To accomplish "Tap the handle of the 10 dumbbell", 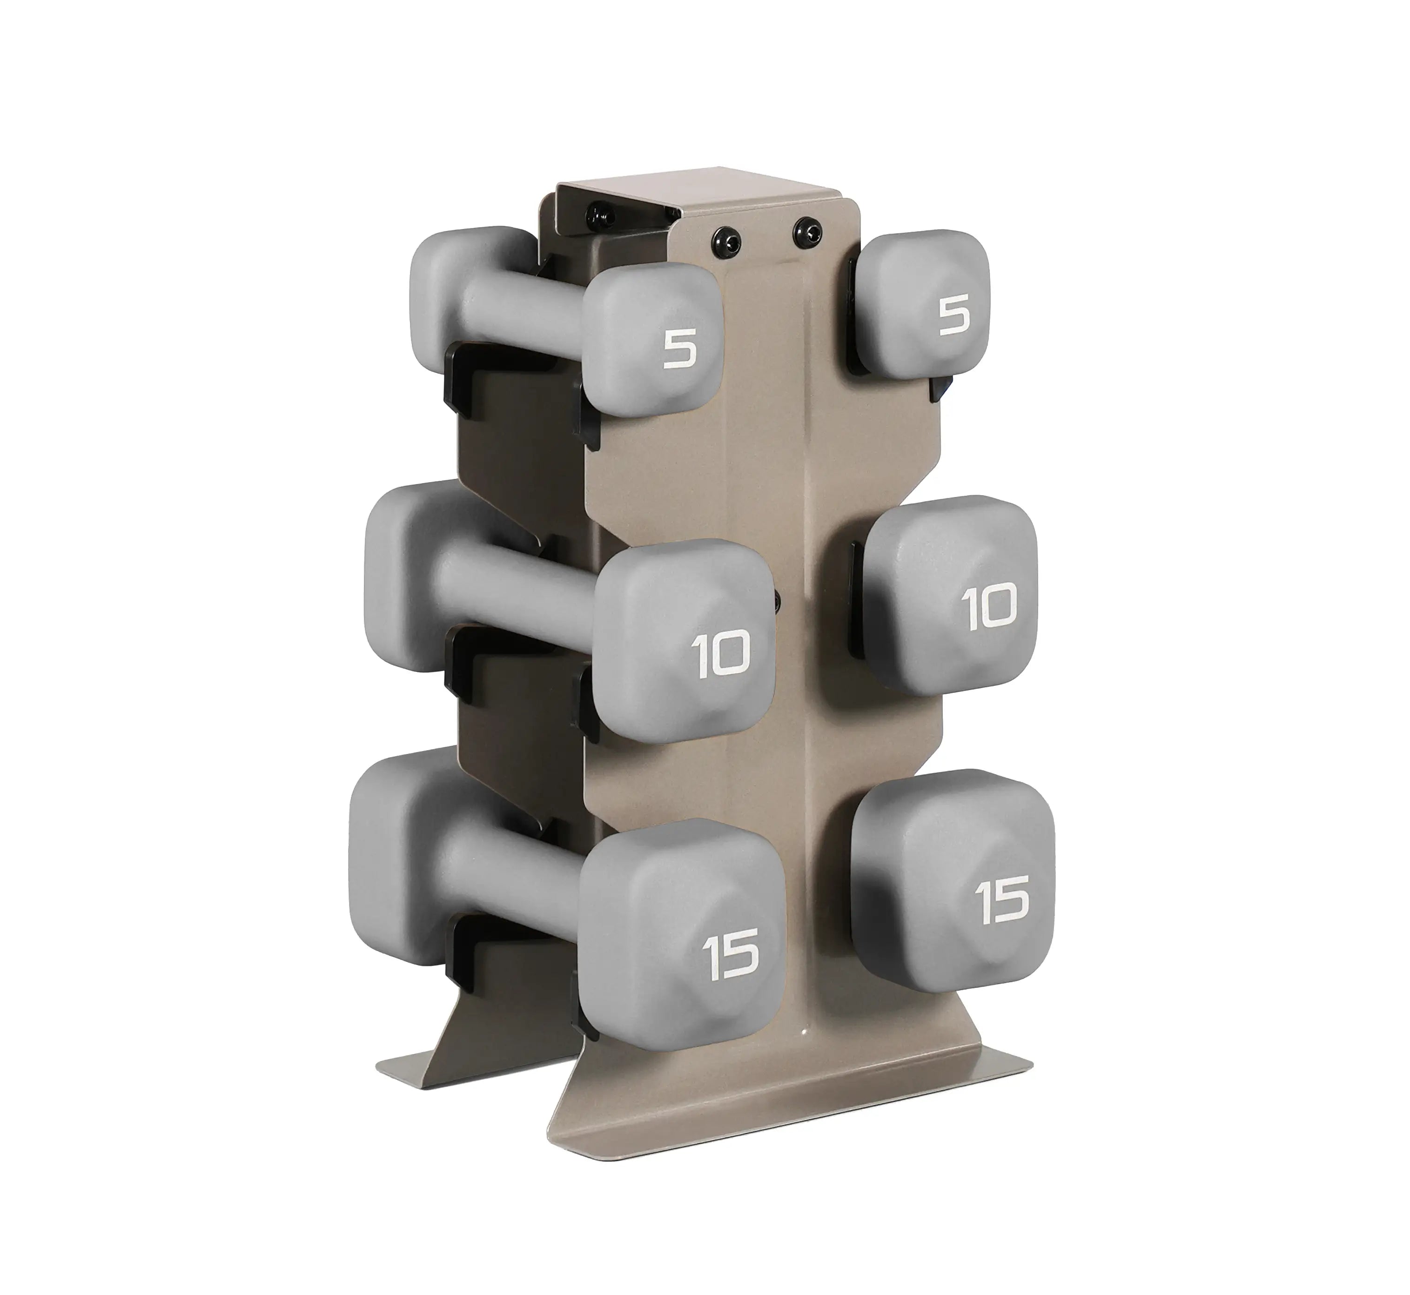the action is click(518, 589).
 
